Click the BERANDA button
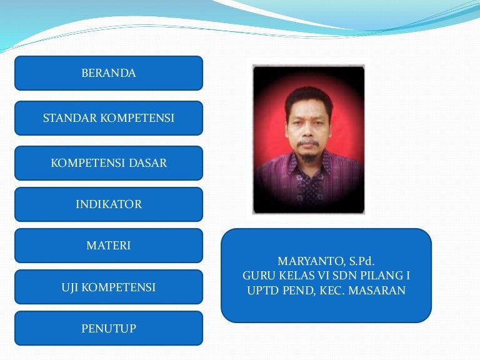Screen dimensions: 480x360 (109, 73)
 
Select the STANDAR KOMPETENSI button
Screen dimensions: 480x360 (109, 118)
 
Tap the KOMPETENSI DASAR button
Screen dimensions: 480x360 (109, 163)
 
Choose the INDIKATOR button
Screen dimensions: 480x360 (109, 204)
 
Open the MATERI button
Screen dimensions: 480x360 (109, 246)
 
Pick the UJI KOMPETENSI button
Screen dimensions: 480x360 (109, 287)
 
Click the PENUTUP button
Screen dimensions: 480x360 (109, 328)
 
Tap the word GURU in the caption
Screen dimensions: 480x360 (257, 276)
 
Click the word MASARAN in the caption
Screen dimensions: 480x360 (377, 290)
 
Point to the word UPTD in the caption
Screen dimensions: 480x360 (263, 290)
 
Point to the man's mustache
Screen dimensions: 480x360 (308, 142)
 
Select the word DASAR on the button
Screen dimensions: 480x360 (148, 163)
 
